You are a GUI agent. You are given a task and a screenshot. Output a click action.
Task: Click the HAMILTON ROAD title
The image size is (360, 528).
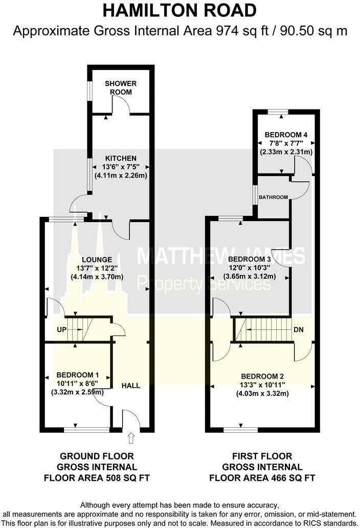[x=179, y=11]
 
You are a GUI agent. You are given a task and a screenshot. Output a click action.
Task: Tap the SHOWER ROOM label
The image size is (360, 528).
[x=118, y=87]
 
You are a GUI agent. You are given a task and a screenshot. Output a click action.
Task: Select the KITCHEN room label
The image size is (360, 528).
[x=121, y=158]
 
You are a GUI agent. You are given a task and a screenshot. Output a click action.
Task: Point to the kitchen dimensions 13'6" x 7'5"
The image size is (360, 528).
[x=121, y=167]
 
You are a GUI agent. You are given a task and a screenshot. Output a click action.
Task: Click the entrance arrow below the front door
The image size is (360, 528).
[x=130, y=437]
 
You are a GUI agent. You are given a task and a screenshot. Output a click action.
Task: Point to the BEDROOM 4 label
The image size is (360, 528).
[x=286, y=135]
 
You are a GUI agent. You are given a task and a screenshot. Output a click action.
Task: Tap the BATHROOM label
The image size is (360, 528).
[x=274, y=197]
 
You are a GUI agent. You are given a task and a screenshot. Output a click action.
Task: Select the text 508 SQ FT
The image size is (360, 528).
[x=126, y=478]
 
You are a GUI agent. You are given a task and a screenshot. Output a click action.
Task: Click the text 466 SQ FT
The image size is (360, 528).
[x=290, y=478]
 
